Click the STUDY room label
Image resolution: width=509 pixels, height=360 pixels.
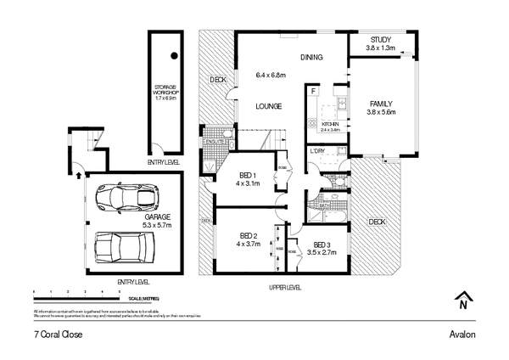tap(380, 39)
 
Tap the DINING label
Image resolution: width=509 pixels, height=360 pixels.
tap(311, 58)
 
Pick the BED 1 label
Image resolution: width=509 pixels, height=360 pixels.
tap(248, 176)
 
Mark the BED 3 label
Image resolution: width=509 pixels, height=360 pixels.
tap(322, 245)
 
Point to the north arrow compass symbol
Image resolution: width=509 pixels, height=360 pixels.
tap(463, 300)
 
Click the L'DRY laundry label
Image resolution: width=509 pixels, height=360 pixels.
tap(318, 152)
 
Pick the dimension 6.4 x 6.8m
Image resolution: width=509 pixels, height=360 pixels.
tap(271, 75)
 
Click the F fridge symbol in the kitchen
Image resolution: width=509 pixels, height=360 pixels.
tap(313, 90)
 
